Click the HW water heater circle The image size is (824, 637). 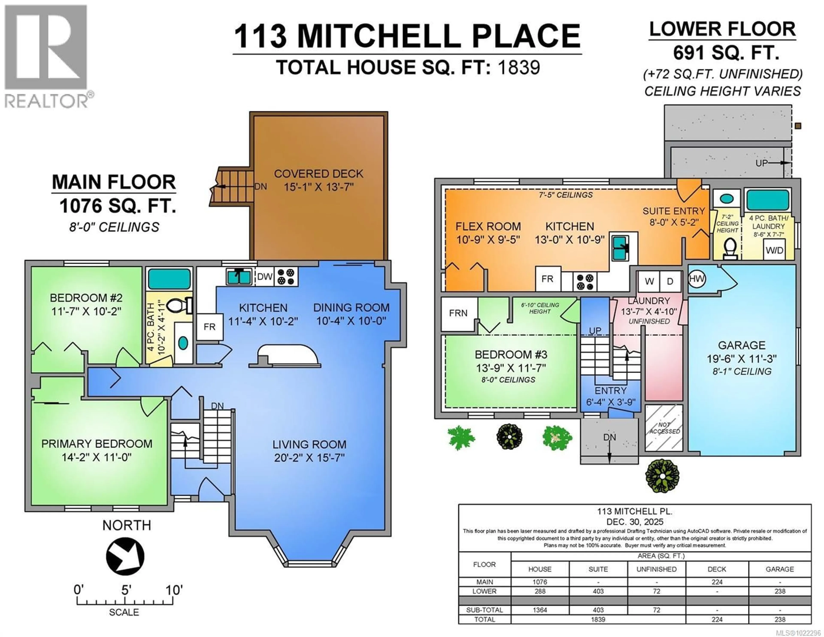pyautogui.click(x=697, y=279)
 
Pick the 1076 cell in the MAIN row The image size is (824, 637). pyautogui.click(x=539, y=582)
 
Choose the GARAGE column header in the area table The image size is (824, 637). pyautogui.click(x=780, y=569)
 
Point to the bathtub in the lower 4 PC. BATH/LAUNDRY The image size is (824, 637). pyautogui.click(x=768, y=200)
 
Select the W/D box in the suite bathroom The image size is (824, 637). pyautogui.click(x=774, y=250)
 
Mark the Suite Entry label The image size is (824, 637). pyautogui.click(x=673, y=211)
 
